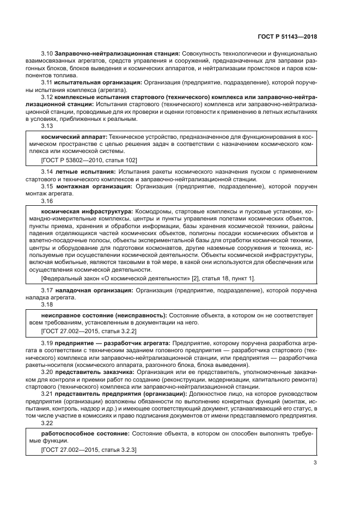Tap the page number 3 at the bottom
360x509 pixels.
[x=315, y=463]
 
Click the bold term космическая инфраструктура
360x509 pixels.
[x=87, y=211]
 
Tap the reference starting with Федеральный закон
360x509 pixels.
[x=147, y=278]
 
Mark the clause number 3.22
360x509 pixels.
[x=47, y=422]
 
